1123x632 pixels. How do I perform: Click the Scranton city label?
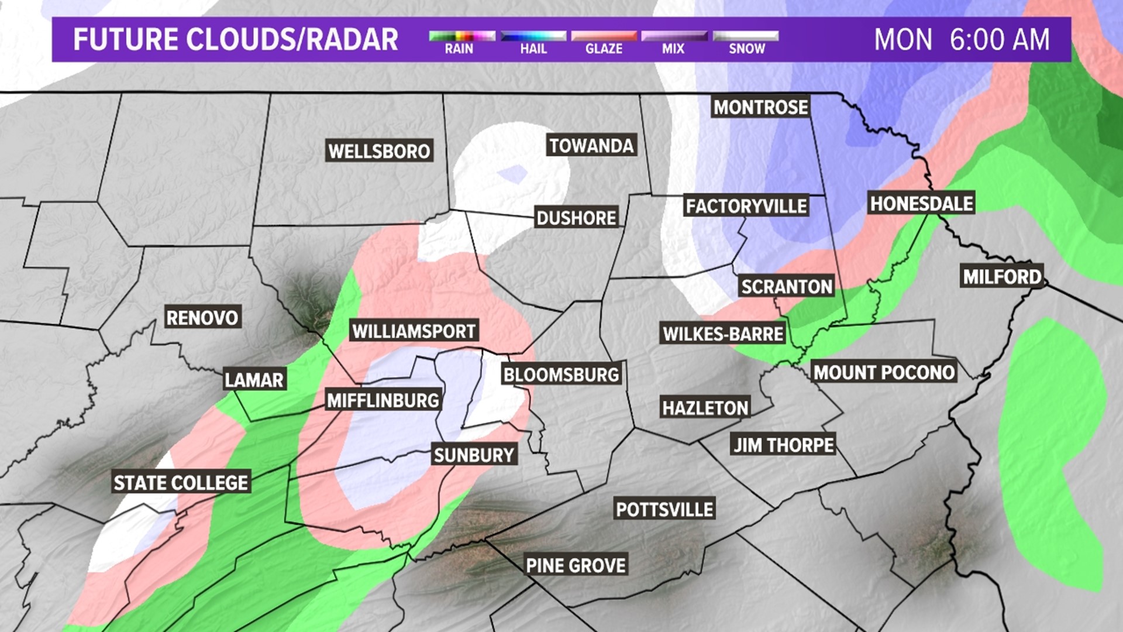pyautogui.click(x=786, y=287)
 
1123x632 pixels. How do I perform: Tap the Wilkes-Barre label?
pyautogui.click(x=722, y=334)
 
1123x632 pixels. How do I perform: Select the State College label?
pyautogui.click(x=181, y=483)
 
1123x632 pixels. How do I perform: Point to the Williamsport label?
pyautogui.click(x=414, y=331)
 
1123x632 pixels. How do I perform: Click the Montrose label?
pyautogui.click(x=760, y=107)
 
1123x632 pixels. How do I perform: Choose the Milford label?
pyautogui.click(x=1002, y=277)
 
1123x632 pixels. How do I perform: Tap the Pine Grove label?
pyautogui.click(x=576, y=565)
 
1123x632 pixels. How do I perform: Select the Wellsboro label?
pyautogui.click(x=379, y=151)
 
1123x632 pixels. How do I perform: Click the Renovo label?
pyautogui.click(x=202, y=318)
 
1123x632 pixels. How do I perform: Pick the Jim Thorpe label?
pyautogui.click(x=784, y=445)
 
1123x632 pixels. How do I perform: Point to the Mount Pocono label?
pyautogui.click(x=884, y=372)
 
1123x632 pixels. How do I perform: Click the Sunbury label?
pyautogui.click(x=474, y=455)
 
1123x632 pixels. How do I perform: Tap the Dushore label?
pyautogui.click(x=576, y=218)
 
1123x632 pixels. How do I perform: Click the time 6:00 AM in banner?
pyautogui.click(x=999, y=40)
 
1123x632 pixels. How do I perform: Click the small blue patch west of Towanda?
pyautogui.click(x=512, y=173)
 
